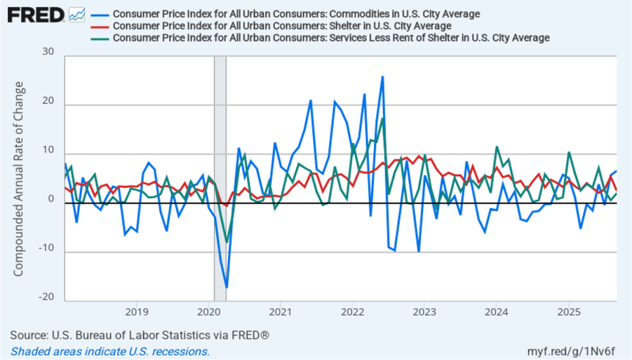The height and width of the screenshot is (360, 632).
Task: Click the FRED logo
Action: point(36,14)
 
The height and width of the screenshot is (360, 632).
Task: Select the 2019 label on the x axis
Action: point(137,311)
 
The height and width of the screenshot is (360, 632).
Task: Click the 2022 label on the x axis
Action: point(352,311)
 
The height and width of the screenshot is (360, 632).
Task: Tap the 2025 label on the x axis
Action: point(568,311)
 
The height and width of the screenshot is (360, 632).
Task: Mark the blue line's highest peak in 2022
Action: point(382,77)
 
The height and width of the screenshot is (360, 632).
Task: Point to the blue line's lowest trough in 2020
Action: point(227,288)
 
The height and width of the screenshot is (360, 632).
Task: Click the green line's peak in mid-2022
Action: point(383,119)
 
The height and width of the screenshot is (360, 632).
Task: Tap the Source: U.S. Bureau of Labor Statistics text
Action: point(140,335)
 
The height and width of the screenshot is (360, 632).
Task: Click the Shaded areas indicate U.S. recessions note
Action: point(110,351)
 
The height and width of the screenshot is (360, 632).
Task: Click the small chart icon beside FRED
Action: point(77,14)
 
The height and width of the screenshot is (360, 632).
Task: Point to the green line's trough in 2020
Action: point(227,241)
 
